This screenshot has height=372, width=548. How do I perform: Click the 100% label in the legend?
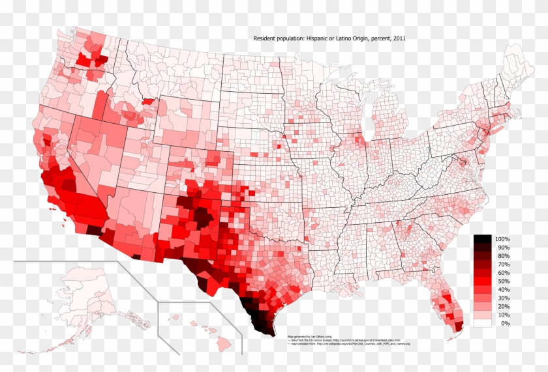[x=502, y=240]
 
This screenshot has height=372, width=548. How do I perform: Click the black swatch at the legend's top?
[x=482, y=239]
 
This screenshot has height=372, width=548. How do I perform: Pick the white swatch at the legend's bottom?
[x=482, y=322]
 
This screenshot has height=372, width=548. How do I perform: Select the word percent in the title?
[x=378, y=39]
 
